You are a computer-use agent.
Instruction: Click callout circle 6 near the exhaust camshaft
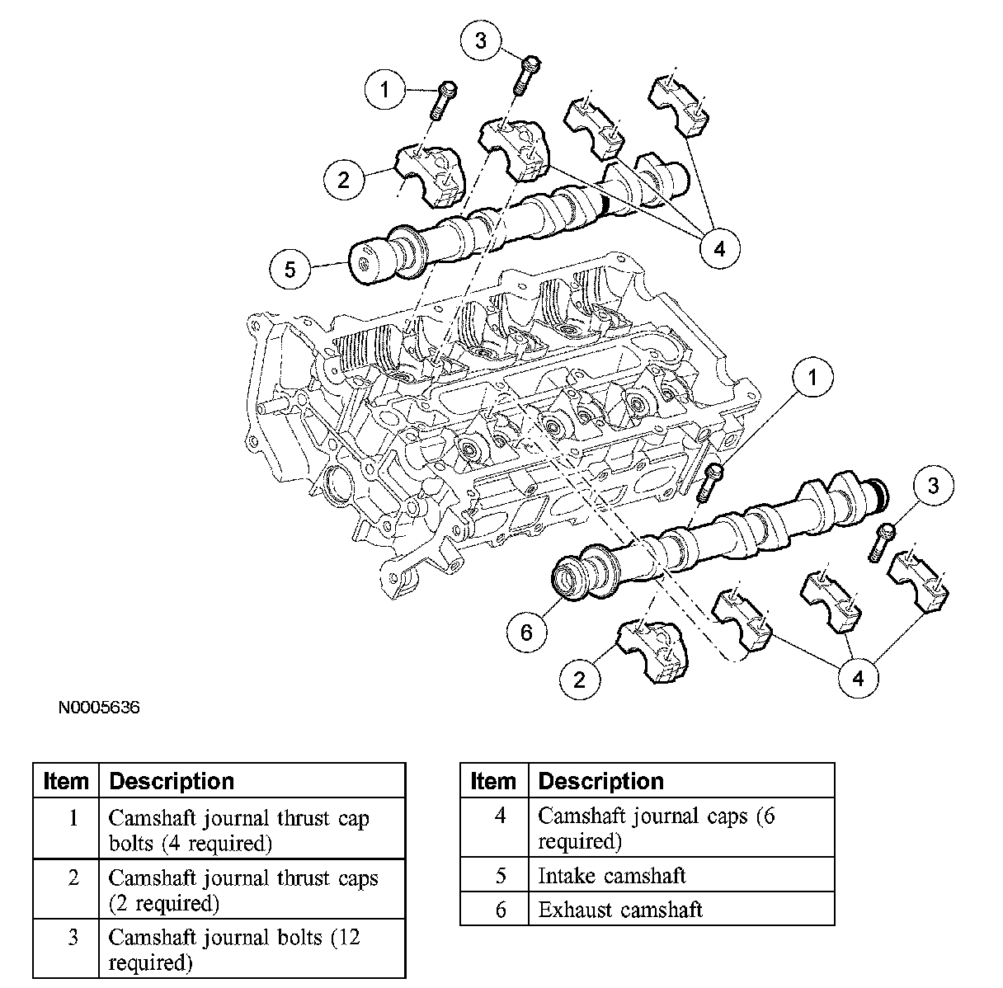527,632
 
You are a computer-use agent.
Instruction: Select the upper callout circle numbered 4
718,247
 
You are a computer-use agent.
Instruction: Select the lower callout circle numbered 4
859,678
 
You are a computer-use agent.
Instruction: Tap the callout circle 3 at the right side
933,486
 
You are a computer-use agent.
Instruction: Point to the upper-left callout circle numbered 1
384,89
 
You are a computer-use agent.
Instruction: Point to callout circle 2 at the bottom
579,679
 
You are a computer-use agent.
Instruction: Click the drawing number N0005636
99,708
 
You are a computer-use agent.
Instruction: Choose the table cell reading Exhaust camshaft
620,910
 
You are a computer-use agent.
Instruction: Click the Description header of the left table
172,781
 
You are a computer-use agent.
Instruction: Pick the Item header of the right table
492,781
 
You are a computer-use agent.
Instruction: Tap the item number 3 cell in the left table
73,939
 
